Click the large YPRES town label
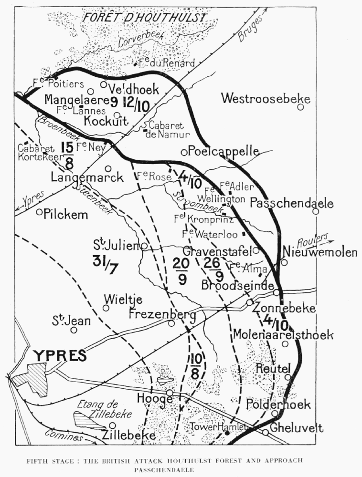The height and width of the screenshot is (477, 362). point(60,355)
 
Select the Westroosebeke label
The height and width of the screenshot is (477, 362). point(266,99)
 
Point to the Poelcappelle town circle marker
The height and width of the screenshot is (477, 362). point(184,152)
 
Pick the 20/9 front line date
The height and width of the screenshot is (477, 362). point(181,271)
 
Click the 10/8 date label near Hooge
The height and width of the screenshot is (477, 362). point(195,366)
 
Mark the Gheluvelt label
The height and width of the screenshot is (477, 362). point(297,428)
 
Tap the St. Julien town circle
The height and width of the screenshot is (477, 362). point(144,246)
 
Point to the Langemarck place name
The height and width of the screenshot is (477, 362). point(87,177)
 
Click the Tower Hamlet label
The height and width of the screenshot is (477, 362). point(218,427)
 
